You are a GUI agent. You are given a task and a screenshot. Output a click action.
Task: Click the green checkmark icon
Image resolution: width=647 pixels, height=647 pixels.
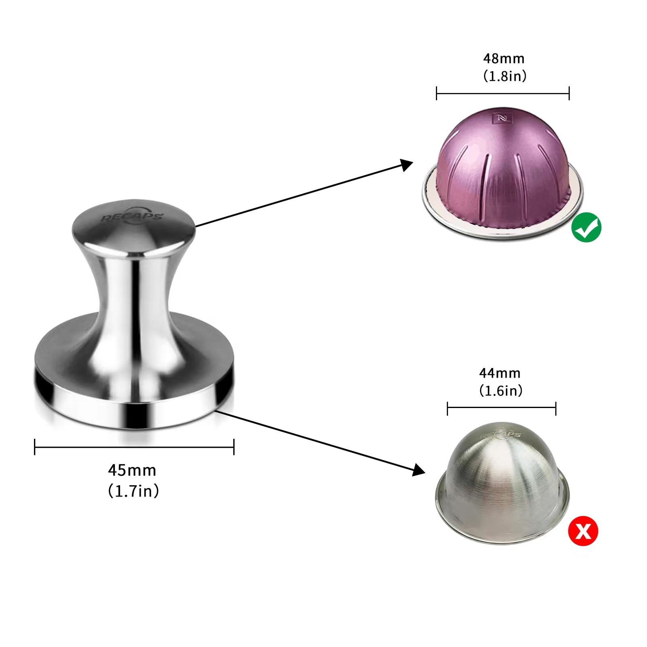(586, 227)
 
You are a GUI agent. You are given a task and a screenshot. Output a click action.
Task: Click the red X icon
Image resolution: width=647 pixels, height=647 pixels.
(583, 531)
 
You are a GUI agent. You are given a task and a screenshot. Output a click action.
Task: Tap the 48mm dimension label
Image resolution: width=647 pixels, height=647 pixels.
(503, 59)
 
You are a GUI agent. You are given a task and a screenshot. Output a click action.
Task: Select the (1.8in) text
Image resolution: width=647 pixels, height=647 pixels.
(505, 76)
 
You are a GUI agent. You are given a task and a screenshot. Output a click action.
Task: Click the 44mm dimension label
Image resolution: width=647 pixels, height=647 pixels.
(500, 373)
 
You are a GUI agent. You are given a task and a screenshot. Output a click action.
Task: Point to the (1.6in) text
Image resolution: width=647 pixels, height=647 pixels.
(501, 391)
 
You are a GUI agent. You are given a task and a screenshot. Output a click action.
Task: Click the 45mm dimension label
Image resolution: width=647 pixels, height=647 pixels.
(132, 470)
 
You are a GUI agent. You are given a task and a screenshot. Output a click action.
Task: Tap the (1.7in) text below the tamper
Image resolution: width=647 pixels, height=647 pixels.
(133, 491)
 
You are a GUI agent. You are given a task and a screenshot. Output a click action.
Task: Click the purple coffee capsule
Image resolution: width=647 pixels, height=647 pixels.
(503, 170)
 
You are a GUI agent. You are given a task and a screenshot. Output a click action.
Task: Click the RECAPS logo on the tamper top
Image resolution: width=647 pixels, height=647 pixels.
(131, 216)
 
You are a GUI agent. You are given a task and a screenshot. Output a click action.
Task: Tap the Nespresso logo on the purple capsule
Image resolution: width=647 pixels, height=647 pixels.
(502, 118)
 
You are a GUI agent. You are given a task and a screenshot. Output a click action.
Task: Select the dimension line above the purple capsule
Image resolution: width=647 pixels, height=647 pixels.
(503, 93)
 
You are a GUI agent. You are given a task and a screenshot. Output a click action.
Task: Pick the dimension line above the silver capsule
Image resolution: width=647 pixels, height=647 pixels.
(501, 408)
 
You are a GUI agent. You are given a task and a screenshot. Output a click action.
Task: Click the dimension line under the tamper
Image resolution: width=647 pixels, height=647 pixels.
(134, 447)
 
